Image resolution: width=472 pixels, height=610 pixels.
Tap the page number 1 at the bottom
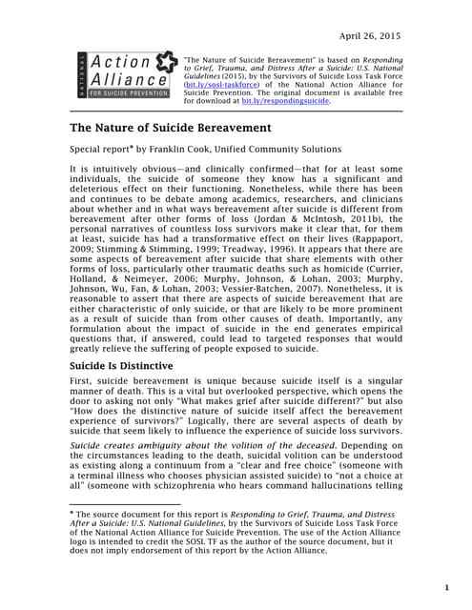point(446,588)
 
